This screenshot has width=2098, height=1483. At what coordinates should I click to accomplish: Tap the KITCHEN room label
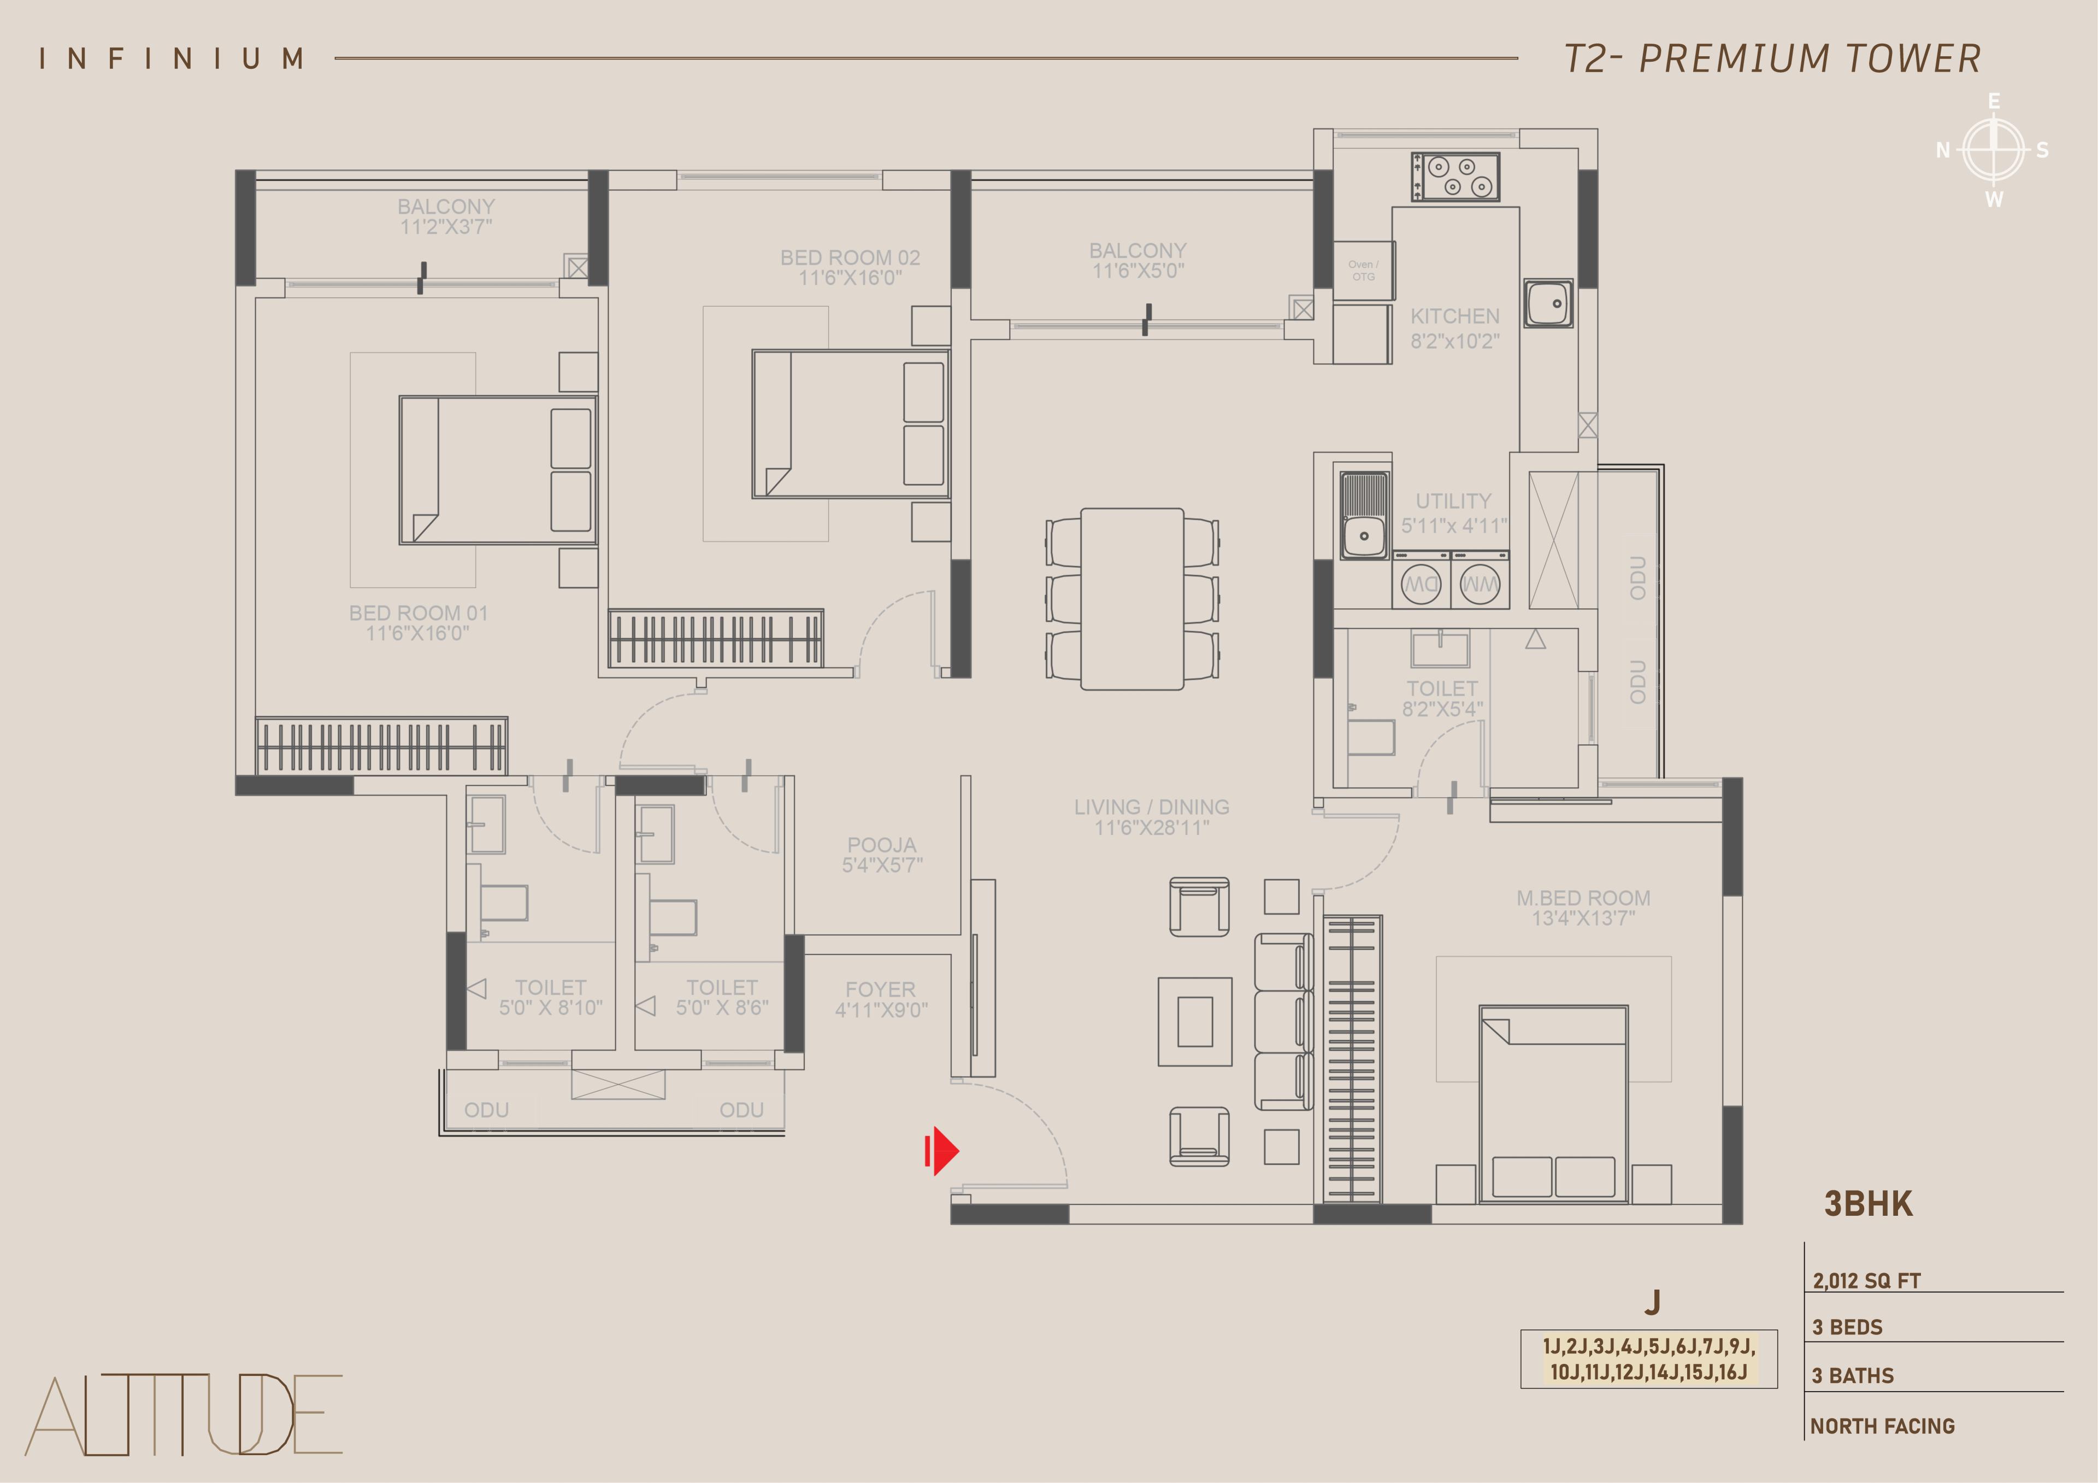(1455, 316)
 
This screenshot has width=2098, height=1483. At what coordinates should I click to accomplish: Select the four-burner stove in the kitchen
(1455, 176)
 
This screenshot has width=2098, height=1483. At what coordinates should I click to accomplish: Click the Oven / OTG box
(1363, 270)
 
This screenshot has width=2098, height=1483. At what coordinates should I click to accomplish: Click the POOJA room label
(882, 845)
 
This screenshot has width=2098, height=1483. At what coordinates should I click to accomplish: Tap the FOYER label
(880, 990)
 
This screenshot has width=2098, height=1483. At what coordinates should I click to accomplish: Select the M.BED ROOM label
(1583, 898)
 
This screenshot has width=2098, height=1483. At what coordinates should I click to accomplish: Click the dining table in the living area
(1132, 598)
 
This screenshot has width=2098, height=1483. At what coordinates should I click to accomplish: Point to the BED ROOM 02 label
(850, 258)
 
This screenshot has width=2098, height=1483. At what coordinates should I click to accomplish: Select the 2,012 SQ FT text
(1867, 1280)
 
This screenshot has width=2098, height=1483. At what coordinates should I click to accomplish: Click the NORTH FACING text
(1882, 1426)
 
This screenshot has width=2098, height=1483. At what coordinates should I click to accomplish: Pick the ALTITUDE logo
(184, 1415)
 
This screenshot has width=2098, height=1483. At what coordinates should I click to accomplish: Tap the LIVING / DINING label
(1151, 807)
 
